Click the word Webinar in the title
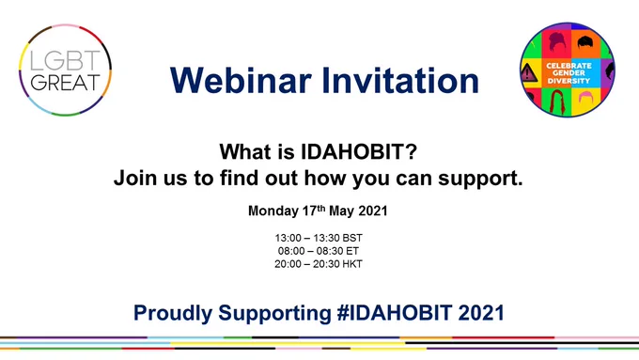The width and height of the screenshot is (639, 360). point(241,80)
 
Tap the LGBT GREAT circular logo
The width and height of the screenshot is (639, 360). point(65,70)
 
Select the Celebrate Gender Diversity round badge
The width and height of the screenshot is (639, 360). point(568,70)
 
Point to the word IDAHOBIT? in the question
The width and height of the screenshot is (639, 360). point(359,151)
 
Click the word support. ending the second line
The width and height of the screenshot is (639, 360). point(480,179)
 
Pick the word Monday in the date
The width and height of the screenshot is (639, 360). point(273,211)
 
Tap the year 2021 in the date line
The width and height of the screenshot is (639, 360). point(372,211)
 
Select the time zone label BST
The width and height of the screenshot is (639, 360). point(352,238)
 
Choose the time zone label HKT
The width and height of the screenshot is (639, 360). point(352,264)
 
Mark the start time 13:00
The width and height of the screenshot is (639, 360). point(288,238)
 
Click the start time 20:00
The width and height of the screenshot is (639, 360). point(288,264)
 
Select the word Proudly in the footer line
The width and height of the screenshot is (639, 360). point(173,313)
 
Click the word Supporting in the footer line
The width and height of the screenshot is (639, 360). point(274,313)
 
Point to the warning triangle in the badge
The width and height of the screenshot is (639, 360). point(528,73)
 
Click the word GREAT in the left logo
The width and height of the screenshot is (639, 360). point(65,83)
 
